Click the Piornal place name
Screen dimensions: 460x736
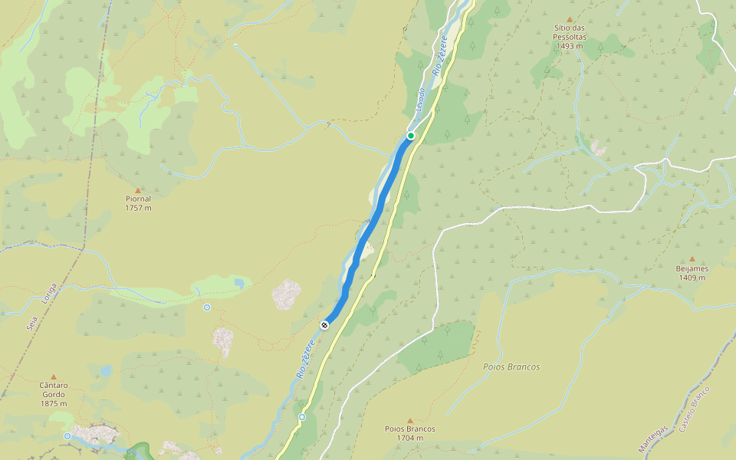tap(138, 199)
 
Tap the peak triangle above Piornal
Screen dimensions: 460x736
tap(138, 190)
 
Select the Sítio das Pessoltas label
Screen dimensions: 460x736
tap(569, 31)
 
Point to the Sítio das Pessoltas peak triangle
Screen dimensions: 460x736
tap(569, 20)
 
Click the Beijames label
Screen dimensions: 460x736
tap(692, 269)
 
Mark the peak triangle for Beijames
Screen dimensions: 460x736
tap(692, 259)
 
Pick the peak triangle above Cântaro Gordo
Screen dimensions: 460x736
tap(54, 376)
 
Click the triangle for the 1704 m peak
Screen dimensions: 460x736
tap(410, 420)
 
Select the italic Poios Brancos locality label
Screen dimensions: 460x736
tap(511, 367)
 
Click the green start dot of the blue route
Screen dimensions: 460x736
tap(411, 136)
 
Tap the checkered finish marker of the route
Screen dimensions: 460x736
tap(324, 325)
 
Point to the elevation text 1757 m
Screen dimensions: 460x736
tap(138, 208)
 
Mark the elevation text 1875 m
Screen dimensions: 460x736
tap(54, 404)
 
